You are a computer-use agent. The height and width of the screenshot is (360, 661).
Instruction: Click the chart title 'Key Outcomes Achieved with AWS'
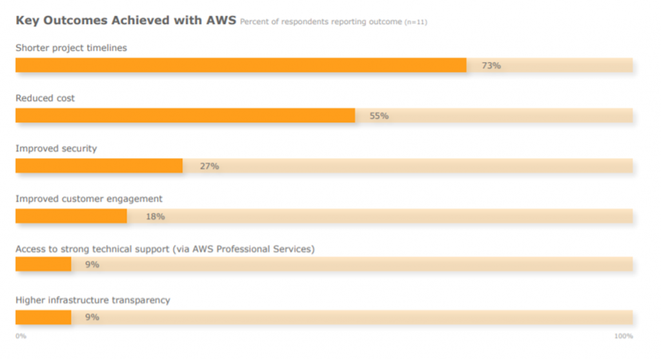click(125, 21)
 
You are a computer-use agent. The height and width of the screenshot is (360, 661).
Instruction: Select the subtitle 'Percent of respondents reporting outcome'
click(321, 22)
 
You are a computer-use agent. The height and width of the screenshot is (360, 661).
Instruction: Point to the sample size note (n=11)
click(416, 23)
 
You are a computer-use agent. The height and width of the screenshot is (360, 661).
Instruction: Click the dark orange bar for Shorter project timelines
click(241, 65)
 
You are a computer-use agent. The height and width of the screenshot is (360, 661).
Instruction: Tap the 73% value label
click(491, 66)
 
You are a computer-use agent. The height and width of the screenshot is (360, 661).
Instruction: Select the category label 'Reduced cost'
click(45, 98)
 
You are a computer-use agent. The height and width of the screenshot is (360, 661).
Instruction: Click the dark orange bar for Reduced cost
click(185, 115)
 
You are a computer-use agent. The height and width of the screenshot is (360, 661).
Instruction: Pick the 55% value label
click(379, 116)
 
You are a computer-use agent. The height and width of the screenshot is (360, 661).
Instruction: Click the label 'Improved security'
click(56, 148)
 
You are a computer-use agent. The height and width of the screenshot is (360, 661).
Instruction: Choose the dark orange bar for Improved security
click(99, 166)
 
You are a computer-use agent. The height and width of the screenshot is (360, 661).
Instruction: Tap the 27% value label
click(209, 166)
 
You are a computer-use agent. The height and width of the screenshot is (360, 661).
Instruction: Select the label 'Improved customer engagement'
click(89, 199)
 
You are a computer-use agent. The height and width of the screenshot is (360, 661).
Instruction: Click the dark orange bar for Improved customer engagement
click(71, 216)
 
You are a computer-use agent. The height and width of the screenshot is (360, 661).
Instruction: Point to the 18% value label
click(155, 217)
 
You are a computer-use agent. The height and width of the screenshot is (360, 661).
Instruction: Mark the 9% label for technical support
click(92, 265)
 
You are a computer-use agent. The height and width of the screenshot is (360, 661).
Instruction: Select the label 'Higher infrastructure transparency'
click(93, 300)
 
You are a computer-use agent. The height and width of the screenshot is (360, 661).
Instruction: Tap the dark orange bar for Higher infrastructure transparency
click(43, 317)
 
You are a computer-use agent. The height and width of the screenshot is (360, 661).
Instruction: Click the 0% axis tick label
click(21, 336)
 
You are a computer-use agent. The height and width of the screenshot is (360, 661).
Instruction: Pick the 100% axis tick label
click(624, 336)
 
